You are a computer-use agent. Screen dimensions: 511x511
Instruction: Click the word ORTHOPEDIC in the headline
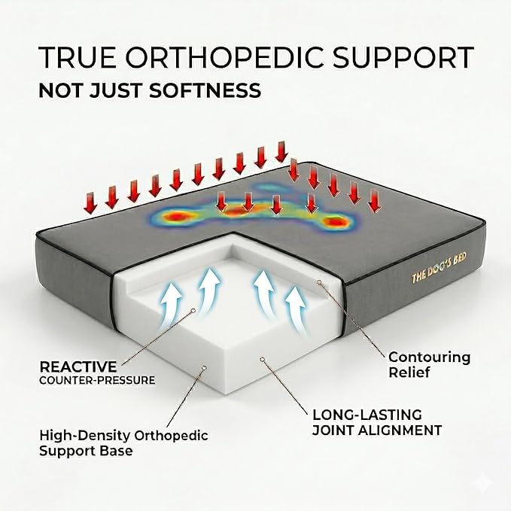click(226, 58)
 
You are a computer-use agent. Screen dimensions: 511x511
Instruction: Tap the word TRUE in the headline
click(76, 58)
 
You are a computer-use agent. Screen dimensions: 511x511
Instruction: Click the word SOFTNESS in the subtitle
click(205, 90)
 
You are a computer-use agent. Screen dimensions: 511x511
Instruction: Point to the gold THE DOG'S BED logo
click(439, 268)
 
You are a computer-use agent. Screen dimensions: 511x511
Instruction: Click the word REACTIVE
click(78, 367)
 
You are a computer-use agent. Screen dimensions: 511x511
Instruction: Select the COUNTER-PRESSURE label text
click(97, 380)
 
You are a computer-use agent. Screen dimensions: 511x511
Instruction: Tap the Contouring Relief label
click(430, 364)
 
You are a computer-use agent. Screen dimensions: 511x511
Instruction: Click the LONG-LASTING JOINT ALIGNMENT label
click(377, 423)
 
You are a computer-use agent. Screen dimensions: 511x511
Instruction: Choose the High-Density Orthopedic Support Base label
click(124, 443)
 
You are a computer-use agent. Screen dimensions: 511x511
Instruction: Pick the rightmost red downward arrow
click(374, 201)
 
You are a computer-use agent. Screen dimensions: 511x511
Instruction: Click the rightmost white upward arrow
click(296, 309)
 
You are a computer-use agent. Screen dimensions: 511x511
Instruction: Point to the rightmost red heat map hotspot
click(334, 222)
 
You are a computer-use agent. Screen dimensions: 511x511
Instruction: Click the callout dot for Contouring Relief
click(319, 282)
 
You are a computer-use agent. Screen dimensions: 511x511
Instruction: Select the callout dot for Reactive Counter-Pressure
click(193, 311)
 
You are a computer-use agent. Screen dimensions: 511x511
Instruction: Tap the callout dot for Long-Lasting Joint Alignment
click(262, 359)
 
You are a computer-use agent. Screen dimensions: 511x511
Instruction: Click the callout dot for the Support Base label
click(205, 367)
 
